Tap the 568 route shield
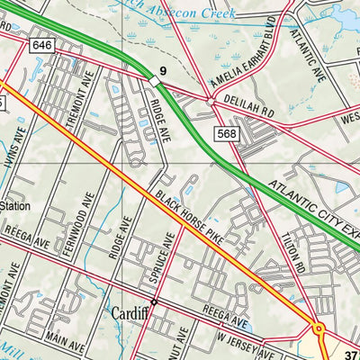click(x=226, y=133)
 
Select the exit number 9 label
click(x=164, y=69)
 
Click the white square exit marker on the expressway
click(x=155, y=82)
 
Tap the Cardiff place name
click(x=131, y=314)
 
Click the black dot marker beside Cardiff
click(x=154, y=301)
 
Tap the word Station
click(x=15, y=206)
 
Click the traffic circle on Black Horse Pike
click(x=318, y=329)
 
